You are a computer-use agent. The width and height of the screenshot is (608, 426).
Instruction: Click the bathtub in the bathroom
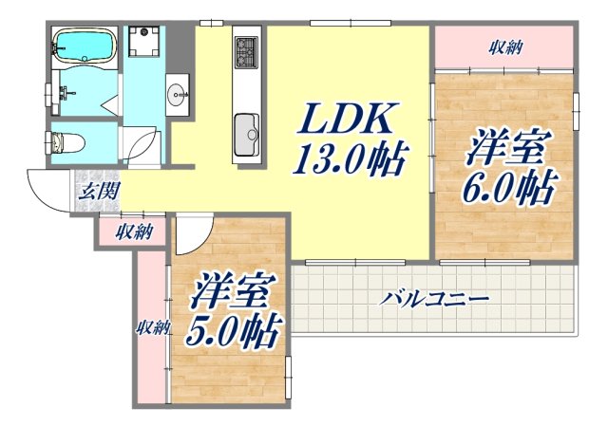tap(85, 45)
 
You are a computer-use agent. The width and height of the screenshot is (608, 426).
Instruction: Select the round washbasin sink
tap(178, 94)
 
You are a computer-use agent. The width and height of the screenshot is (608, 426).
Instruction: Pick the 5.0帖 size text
tap(233, 332)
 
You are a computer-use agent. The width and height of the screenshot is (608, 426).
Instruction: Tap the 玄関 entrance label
tap(98, 192)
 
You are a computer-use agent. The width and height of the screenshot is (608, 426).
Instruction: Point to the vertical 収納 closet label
tap(151, 327)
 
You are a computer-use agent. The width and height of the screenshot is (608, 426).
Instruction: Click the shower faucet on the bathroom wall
tap(65, 93)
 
